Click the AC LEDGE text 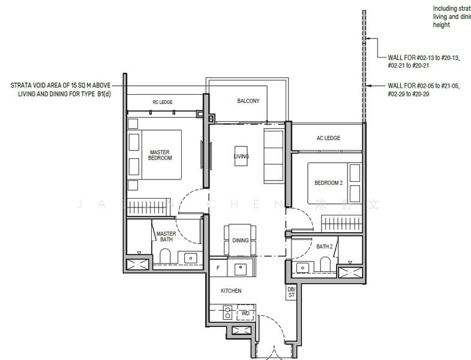[328, 138]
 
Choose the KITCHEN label [230, 290]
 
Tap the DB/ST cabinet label [292, 293]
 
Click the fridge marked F [218, 268]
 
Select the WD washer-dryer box [245, 313]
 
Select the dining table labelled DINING [239, 240]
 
